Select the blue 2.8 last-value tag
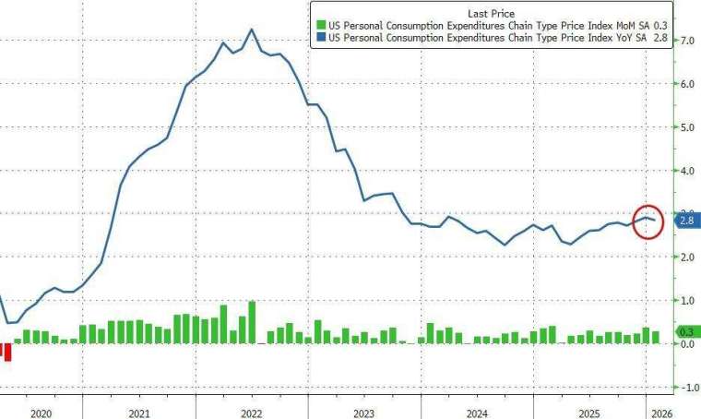click(686, 220)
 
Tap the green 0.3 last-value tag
click(686, 330)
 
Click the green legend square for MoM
click(320, 26)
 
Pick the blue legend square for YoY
click(320, 38)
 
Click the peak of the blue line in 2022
click(252, 29)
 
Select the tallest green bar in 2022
click(252, 321)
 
